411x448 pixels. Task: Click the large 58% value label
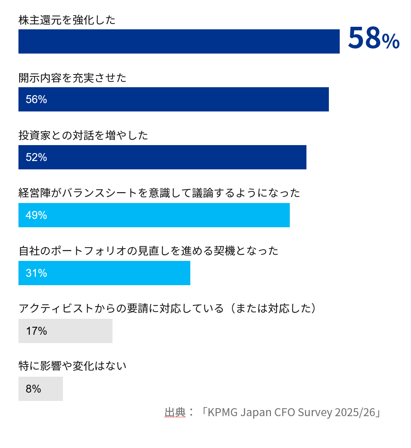373,38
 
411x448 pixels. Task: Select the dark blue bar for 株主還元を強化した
179,42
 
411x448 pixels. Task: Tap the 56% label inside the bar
36,100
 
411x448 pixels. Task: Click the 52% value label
36,157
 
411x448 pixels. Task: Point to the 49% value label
36,215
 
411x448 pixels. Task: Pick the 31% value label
36,273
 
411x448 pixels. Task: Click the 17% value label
36,331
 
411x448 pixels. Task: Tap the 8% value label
33,389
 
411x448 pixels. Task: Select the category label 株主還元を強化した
67,20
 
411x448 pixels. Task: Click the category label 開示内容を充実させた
72,78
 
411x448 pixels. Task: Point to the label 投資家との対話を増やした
83,135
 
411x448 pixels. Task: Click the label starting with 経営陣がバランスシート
159,193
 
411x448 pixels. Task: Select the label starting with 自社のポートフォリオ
148,251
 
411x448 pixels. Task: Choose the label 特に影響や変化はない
72,366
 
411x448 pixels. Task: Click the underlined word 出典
175,413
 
